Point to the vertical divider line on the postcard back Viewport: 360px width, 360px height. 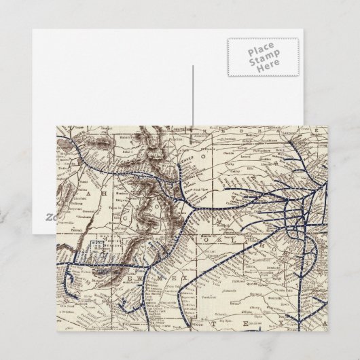(x=193, y=95)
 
